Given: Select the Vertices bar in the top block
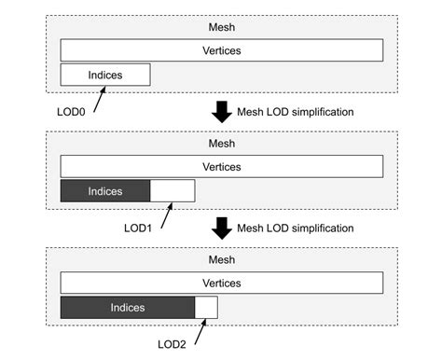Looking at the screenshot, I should (x=222, y=50).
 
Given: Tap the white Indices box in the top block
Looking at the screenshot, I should (x=104, y=75).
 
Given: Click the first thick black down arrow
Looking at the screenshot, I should (x=221, y=112).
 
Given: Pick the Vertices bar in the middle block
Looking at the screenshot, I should (x=222, y=167).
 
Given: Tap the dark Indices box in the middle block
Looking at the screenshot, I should (x=104, y=191).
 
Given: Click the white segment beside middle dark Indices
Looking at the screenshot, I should (x=172, y=191).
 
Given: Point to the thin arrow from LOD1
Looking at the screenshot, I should (x=167, y=214).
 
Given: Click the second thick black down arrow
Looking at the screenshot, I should (x=221, y=228).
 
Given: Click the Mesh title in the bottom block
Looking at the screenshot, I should (x=222, y=259).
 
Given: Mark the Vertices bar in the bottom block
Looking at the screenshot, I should (x=222, y=283).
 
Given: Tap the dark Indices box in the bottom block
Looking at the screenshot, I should (x=127, y=307).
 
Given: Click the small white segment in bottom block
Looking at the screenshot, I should (x=205, y=307).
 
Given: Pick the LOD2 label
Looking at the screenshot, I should (x=173, y=342).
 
